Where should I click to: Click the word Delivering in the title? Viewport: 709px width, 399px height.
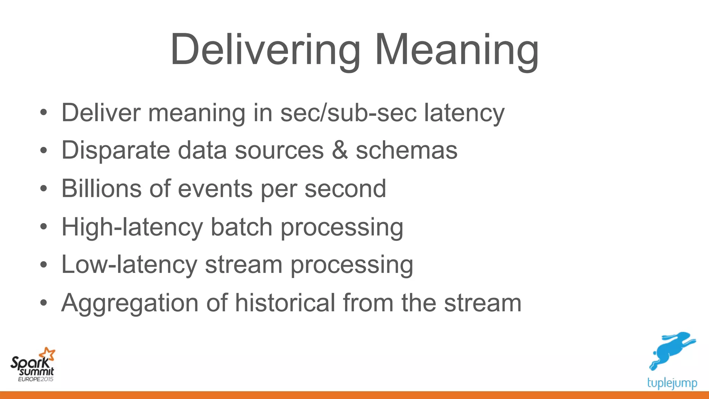coord(265,50)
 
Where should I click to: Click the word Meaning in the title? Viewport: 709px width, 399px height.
coord(457,50)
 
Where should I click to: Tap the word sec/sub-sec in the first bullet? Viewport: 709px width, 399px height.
coord(348,113)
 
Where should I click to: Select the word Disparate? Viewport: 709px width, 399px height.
coord(116,151)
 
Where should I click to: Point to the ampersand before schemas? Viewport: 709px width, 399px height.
coord(340,151)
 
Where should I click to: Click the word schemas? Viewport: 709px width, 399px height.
coord(406,151)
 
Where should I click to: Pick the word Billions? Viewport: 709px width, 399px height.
coord(101,189)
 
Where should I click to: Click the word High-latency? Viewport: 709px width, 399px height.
coord(132,228)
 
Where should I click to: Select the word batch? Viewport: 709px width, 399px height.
coord(241,228)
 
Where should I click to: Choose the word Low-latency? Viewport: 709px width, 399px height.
coord(129,265)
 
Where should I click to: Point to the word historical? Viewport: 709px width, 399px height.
coord(285,303)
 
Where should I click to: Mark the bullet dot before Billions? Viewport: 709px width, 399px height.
coord(43,189)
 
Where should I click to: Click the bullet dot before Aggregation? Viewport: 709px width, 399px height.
coord(43,303)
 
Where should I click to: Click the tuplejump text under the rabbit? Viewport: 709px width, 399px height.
coord(672,383)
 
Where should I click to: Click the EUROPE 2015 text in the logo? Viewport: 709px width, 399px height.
coord(36,379)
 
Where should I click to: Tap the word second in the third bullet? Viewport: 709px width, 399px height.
coord(345,189)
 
